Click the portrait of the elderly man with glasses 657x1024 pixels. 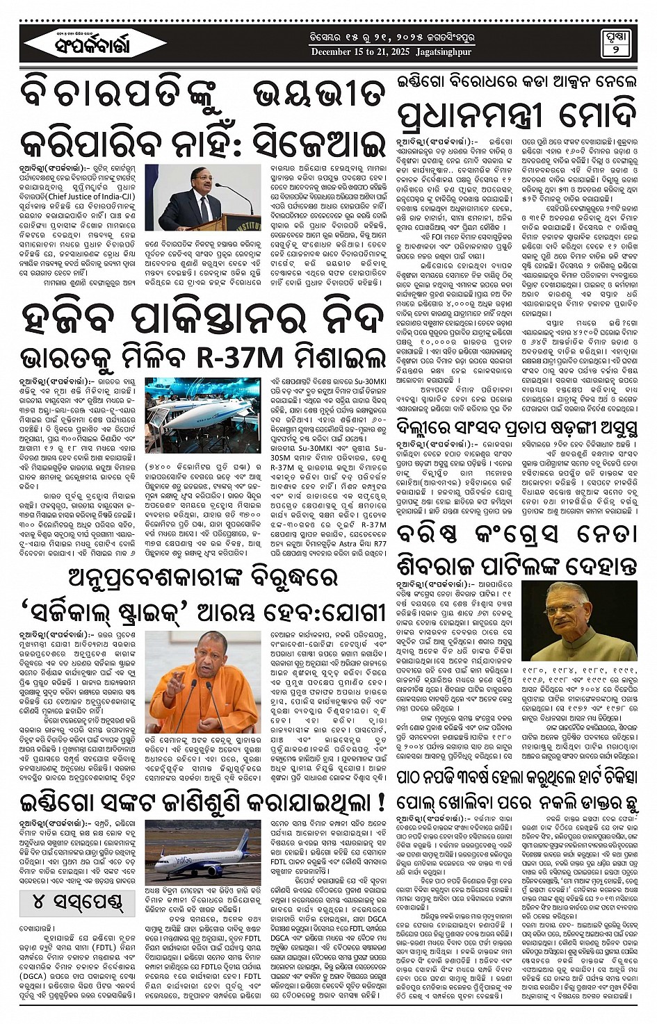coord(579,620)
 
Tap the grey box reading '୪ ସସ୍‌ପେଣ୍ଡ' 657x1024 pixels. coord(77,903)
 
